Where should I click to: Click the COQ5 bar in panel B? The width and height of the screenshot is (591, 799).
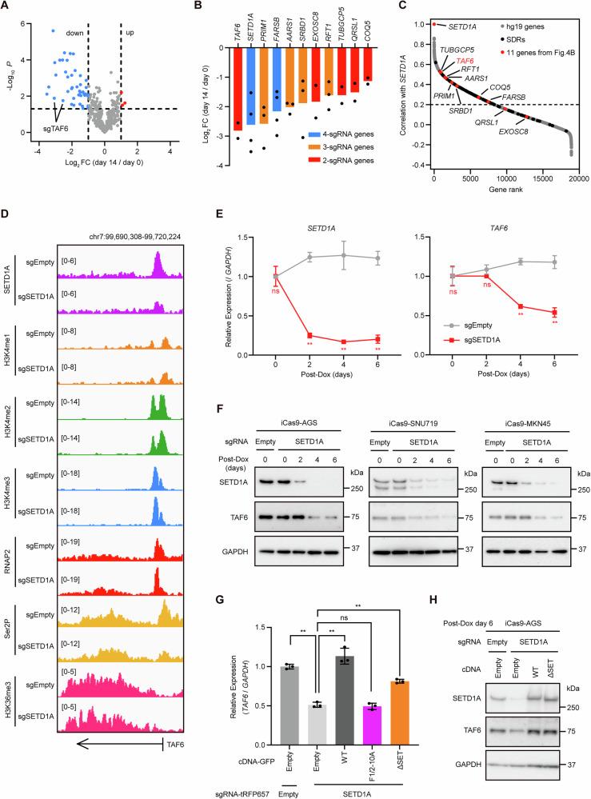367,64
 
